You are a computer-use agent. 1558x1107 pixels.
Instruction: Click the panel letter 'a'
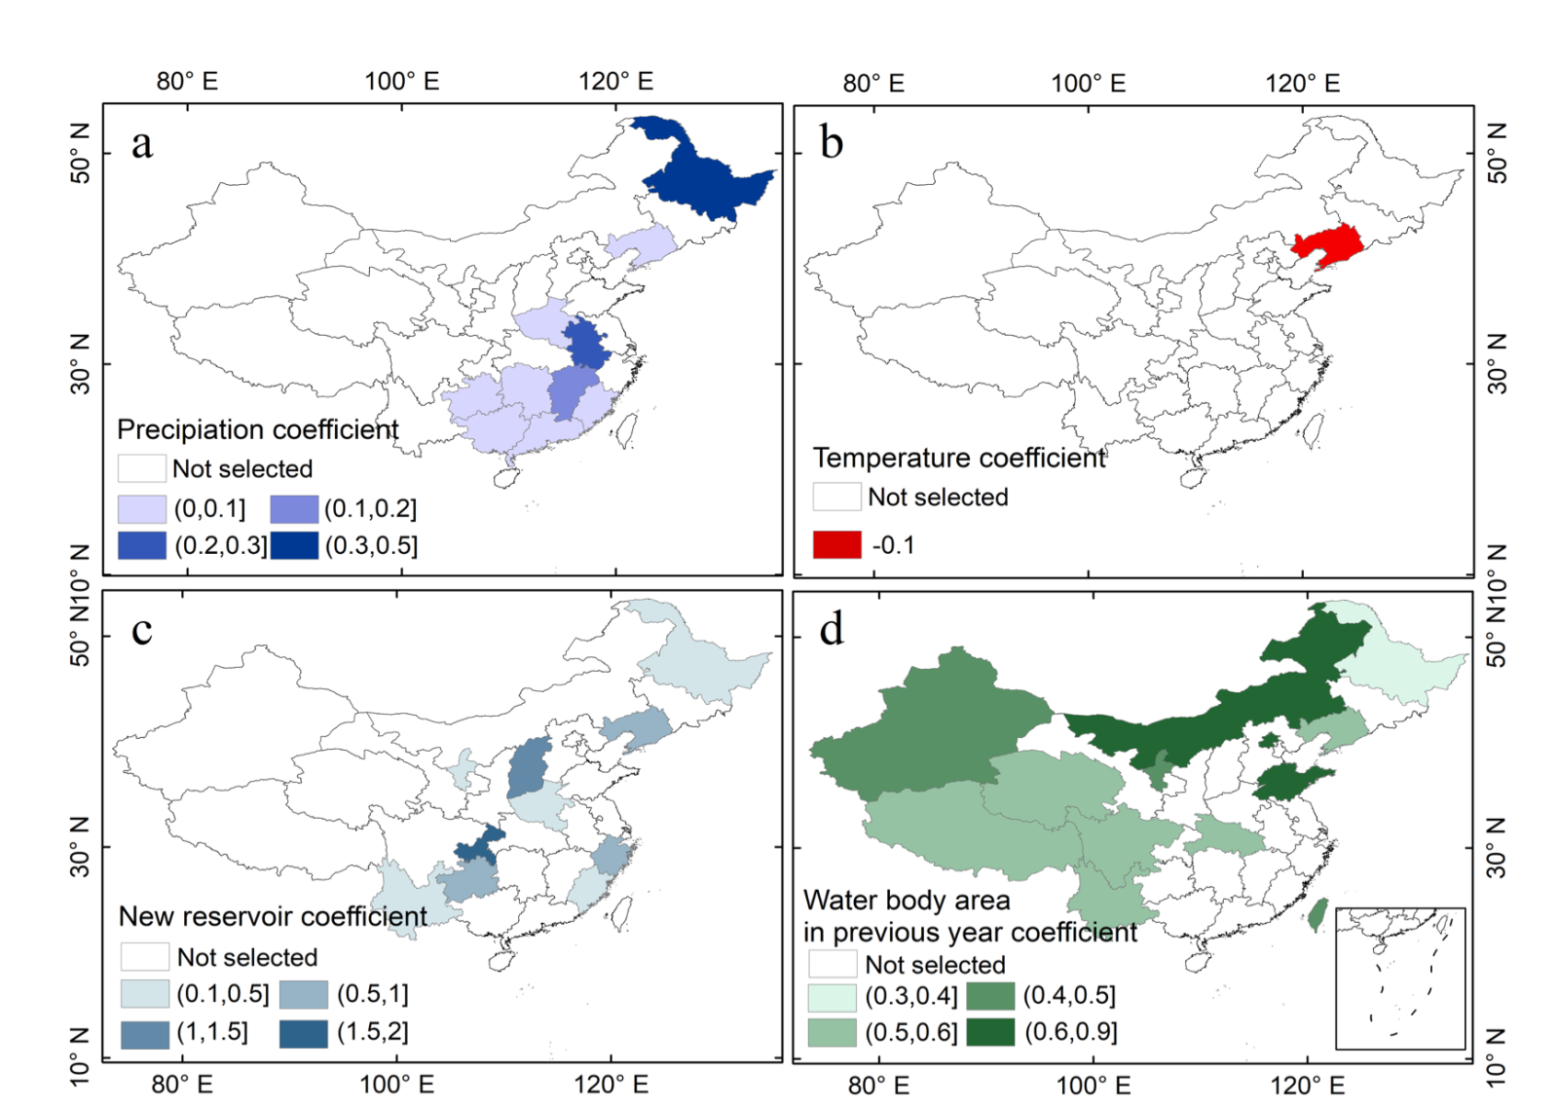[142, 144]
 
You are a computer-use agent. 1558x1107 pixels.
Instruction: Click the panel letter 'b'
[831, 143]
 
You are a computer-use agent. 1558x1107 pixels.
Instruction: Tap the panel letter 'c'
[142, 630]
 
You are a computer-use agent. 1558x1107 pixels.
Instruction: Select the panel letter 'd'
[831, 630]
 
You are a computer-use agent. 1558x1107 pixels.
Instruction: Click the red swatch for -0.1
[836, 544]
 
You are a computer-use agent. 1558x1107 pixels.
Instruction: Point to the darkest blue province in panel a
[706, 175]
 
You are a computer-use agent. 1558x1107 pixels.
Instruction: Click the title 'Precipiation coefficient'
[257, 429]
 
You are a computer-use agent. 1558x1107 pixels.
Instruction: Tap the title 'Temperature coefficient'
[959, 458]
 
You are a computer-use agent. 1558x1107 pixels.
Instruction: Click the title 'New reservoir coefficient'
[273, 916]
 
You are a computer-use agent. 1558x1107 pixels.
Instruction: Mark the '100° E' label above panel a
[401, 82]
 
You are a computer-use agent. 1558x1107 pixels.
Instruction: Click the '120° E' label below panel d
[1307, 1085]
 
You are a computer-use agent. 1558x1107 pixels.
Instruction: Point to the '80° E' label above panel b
[873, 83]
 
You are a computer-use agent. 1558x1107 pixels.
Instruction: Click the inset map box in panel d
[1399, 978]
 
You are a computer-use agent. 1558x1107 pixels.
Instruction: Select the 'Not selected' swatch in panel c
[145, 956]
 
